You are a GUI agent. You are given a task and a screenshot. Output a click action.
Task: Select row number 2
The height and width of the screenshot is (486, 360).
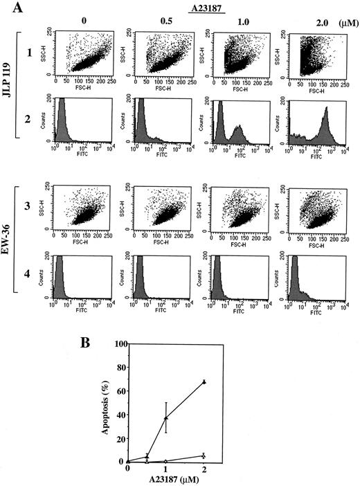[30, 119]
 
